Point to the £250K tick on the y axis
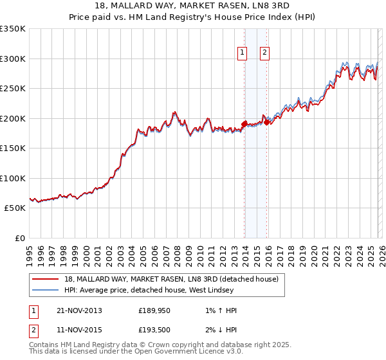[x=13, y=88]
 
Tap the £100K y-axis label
[x=13, y=178]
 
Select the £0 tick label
[x=19, y=238]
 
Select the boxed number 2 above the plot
[x=264, y=53]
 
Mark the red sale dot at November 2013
[x=244, y=124]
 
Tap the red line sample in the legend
[x=46, y=279]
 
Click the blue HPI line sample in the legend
[x=46, y=290]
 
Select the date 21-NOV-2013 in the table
[x=79, y=310]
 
